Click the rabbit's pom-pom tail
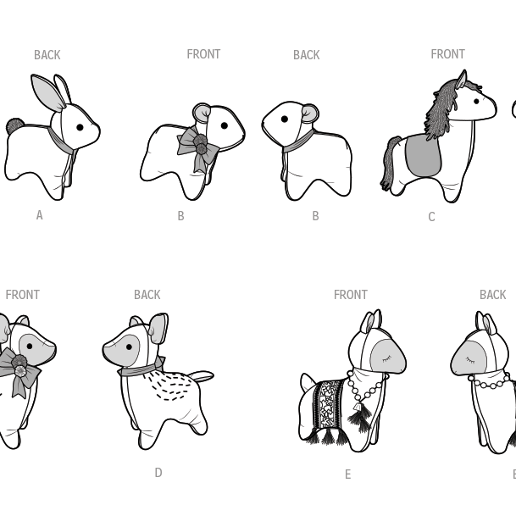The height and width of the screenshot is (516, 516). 14,126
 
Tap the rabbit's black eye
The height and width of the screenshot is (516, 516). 80,127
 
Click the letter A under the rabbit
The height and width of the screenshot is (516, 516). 40,215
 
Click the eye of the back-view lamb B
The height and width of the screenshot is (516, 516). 285,119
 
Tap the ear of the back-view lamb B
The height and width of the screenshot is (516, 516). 310,114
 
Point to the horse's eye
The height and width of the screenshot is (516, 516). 476,102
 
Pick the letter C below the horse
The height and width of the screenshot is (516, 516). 431,217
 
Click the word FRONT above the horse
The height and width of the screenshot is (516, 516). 447,54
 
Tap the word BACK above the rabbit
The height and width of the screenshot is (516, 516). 47,55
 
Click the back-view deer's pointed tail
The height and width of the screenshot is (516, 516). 202,375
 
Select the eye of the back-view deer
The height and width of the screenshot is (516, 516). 129,347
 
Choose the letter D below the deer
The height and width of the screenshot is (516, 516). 158,473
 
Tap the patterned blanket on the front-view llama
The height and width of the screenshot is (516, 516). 327,405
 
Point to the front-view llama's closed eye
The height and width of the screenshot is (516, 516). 386,358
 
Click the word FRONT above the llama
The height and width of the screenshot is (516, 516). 351,295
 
